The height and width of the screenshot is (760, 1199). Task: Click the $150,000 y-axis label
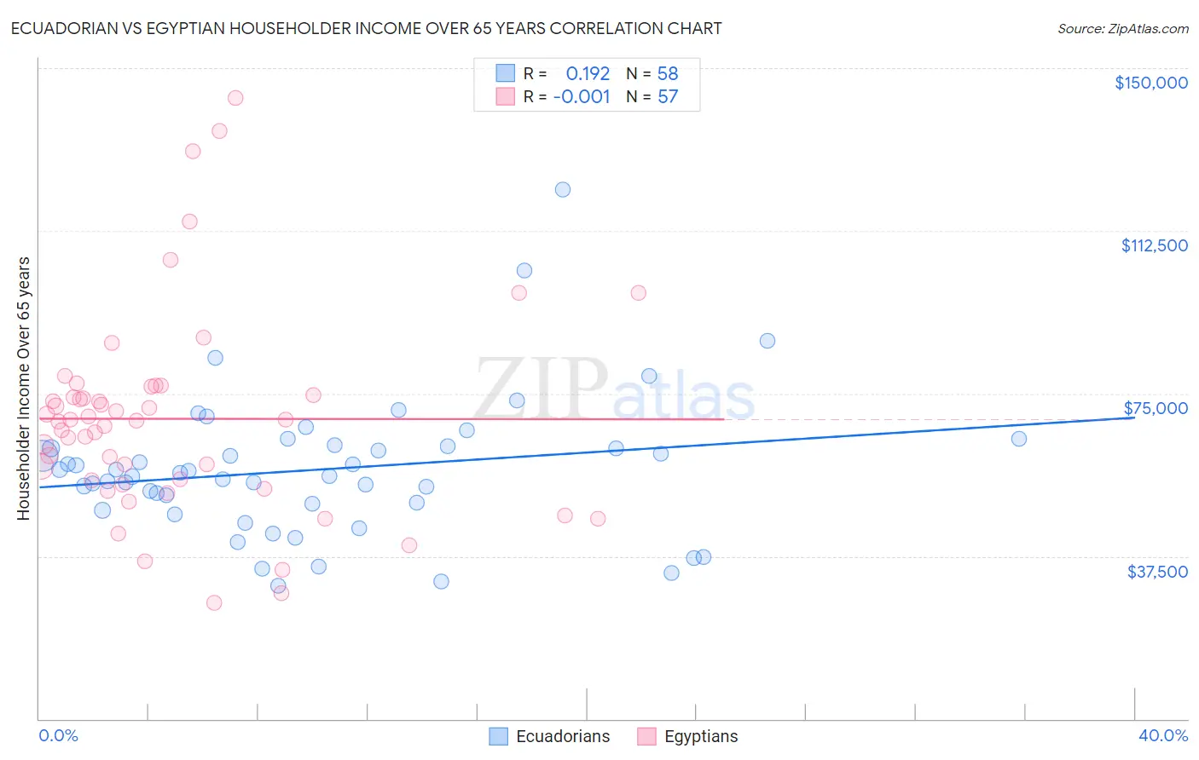tap(1150, 83)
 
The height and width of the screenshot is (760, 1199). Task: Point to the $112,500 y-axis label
tap(1154, 245)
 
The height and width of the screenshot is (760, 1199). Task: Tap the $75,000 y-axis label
tap(1156, 408)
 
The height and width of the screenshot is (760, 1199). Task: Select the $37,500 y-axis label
tap(1157, 572)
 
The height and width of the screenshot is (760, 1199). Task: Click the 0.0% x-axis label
tap(58, 736)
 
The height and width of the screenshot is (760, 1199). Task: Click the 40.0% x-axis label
tap(1162, 736)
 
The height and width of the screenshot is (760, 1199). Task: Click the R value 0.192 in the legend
tap(588, 74)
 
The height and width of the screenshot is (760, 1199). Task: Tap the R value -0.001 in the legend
tap(582, 97)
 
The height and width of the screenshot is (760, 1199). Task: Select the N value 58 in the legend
tap(668, 74)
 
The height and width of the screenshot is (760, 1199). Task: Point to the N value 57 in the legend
tap(668, 97)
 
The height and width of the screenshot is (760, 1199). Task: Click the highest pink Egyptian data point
tap(235, 98)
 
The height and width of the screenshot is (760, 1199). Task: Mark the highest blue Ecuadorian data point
tap(563, 189)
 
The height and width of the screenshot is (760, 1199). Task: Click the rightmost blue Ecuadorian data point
tap(1019, 439)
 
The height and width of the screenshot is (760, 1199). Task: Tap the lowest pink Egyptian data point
tap(214, 602)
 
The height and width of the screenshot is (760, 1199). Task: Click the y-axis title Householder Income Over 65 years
tap(24, 388)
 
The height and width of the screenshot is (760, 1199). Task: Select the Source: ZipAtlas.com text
tap(1122, 29)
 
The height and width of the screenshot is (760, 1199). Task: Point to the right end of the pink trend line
tap(724, 419)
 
